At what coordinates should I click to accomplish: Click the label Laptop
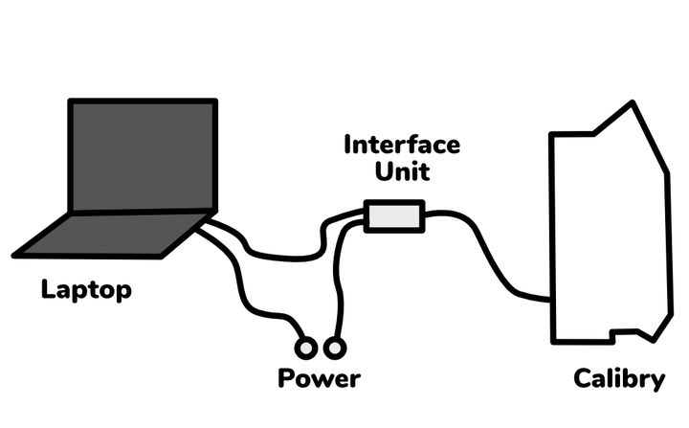(x=86, y=289)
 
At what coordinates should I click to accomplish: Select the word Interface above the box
(x=401, y=146)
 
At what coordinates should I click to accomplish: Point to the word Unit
(x=401, y=173)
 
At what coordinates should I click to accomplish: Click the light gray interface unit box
(x=394, y=216)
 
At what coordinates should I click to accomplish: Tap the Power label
(x=319, y=378)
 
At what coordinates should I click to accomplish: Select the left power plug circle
(x=308, y=346)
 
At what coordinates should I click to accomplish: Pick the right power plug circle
(x=334, y=346)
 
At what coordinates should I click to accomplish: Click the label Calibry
(x=619, y=379)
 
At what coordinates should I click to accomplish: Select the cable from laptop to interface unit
(x=287, y=256)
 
